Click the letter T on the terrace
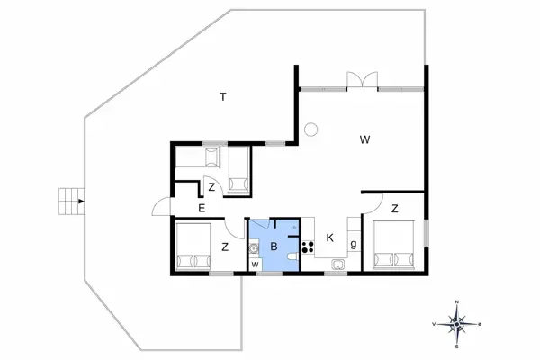pyautogui.click(x=222, y=96)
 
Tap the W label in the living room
pyautogui.click(x=364, y=139)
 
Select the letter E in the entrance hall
pyautogui.click(x=202, y=209)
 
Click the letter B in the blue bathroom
pyautogui.click(x=274, y=245)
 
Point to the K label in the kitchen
pyautogui.click(x=330, y=238)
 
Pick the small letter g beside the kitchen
pyautogui.click(x=354, y=244)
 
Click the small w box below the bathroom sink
pyautogui.click(x=255, y=264)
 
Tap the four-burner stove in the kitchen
pyautogui.click(x=308, y=244)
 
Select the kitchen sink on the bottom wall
pyautogui.click(x=337, y=265)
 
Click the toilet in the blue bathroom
pyautogui.click(x=292, y=259)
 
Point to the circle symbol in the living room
pyautogui.click(x=310, y=130)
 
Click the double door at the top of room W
pyautogui.click(x=362, y=82)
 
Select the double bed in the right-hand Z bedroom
pyautogui.click(x=393, y=244)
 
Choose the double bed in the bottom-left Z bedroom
pyautogui.click(x=193, y=247)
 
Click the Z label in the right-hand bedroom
pyautogui.click(x=394, y=209)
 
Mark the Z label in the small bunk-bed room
pyautogui.click(x=211, y=188)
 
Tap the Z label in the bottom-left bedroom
pyautogui.click(x=224, y=247)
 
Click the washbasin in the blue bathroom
pyautogui.click(x=254, y=242)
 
